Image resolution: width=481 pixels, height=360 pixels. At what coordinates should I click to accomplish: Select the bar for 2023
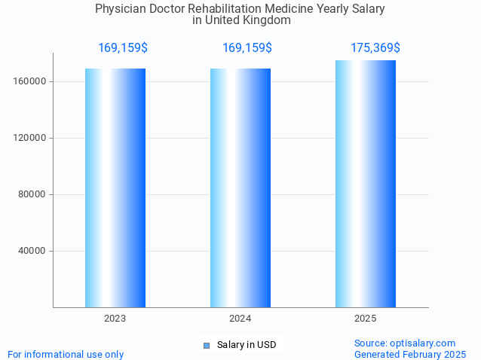tap(115, 188)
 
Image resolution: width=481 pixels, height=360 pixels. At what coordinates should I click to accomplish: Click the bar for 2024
tap(240, 188)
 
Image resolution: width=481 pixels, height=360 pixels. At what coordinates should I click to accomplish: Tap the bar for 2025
tap(366, 184)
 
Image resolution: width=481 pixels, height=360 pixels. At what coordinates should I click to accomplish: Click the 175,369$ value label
tap(375, 48)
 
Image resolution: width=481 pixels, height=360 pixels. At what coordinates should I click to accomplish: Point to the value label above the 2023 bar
tap(123, 48)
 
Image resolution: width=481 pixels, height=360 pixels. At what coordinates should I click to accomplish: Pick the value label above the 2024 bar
tap(247, 48)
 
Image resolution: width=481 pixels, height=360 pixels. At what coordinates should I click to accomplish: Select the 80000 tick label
tap(32, 194)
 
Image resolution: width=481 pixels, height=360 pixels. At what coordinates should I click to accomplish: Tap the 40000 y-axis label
tap(32, 251)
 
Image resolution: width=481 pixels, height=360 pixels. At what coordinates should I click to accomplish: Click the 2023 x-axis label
tap(115, 319)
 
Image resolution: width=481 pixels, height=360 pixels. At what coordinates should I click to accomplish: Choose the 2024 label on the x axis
tap(240, 319)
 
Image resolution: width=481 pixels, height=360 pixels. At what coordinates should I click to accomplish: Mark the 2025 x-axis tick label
tap(366, 319)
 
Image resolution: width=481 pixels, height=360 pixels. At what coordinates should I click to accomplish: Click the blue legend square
tap(206, 346)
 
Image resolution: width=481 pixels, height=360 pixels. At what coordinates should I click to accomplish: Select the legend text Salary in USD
tap(247, 346)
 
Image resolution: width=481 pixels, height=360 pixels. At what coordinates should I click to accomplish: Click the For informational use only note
tap(66, 354)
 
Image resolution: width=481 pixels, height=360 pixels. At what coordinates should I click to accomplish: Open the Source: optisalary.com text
tap(405, 343)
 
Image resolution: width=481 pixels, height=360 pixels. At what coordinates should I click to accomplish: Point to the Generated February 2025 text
tap(410, 354)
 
